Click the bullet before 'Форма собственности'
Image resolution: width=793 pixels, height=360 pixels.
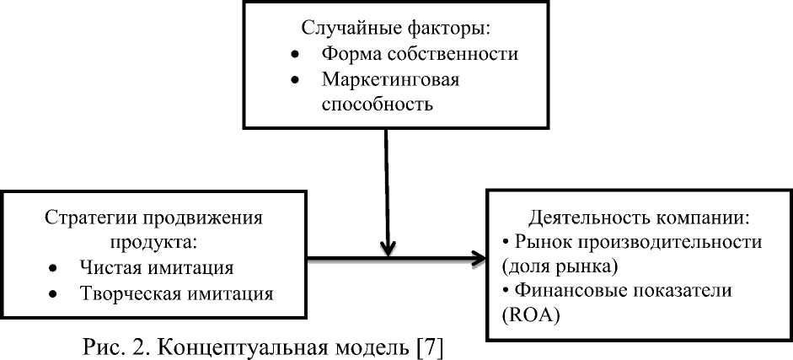pos(295,54)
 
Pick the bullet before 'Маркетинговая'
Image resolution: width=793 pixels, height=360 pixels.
pos(295,79)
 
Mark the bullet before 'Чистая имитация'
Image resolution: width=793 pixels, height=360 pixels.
pos(53,269)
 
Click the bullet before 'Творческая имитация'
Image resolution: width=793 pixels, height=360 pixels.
pos(53,295)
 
